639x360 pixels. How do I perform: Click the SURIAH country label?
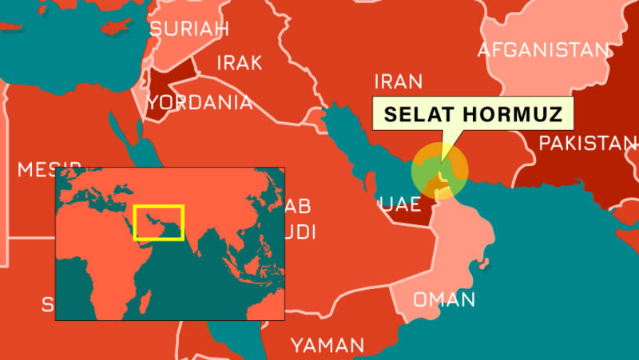point(189,29)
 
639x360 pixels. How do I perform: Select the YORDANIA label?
point(200,102)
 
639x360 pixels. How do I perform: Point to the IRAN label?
point(398,81)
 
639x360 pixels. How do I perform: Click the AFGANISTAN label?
point(543,50)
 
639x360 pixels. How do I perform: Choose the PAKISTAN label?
point(588,143)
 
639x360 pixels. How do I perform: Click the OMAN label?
point(444,300)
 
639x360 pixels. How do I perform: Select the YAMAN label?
point(327,346)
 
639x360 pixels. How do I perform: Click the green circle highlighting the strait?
point(439,169)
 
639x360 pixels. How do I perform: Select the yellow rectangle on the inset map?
point(159,223)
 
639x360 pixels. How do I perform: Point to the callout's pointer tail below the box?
point(448,143)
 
